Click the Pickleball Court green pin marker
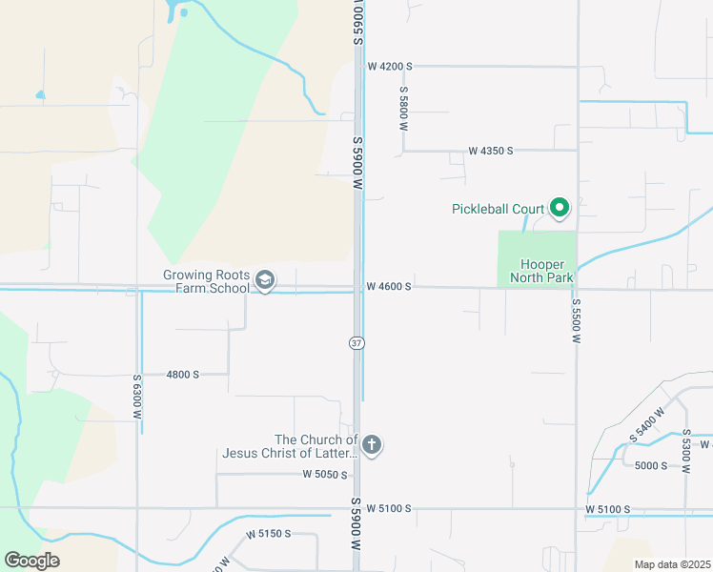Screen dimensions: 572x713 [560, 207]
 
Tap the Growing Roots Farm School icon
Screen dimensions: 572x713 [266, 281]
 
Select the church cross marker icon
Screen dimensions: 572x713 [372, 444]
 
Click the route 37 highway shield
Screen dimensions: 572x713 [356, 342]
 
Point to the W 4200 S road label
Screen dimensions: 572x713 [389, 67]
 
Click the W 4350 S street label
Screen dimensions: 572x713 [491, 151]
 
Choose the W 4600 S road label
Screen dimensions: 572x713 [389, 286]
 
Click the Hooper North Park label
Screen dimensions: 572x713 [546, 271]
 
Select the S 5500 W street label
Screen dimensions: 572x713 [576, 319]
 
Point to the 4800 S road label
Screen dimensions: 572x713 [182, 375]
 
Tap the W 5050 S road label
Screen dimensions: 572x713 [325, 474]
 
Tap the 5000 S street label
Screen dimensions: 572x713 [650, 465]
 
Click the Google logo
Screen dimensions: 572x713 [31, 561]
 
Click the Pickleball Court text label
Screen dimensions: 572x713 [498, 209]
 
